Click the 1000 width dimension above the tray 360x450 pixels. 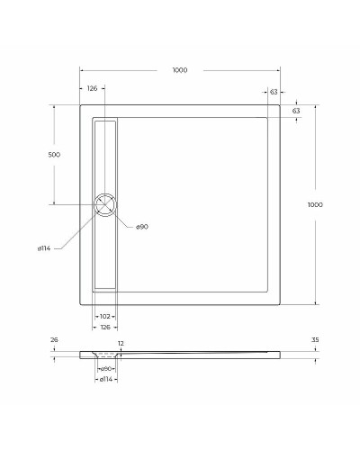click(180, 70)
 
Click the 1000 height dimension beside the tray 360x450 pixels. click(315, 205)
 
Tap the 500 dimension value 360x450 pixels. click(54, 155)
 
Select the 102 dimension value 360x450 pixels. click(105, 315)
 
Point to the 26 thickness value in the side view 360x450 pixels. click(54, 340)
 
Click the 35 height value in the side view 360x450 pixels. click(315, 340)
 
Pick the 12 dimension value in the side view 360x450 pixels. click(121, 344)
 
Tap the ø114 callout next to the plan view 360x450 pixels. click(43, 248)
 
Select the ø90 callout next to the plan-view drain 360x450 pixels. click(141, 227)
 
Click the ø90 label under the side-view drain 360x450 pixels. click(105, 369)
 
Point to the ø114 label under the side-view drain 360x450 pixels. click(105, 380)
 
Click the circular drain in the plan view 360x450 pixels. click(105, 204)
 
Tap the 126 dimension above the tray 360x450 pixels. click(92, 88)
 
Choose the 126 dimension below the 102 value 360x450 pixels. click(105, 327)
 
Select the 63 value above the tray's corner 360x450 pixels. click(273, 92)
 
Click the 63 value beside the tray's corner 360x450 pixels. click(296, 111)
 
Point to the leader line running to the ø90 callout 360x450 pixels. click(123, 218)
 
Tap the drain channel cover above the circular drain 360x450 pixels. click(105, 153)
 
